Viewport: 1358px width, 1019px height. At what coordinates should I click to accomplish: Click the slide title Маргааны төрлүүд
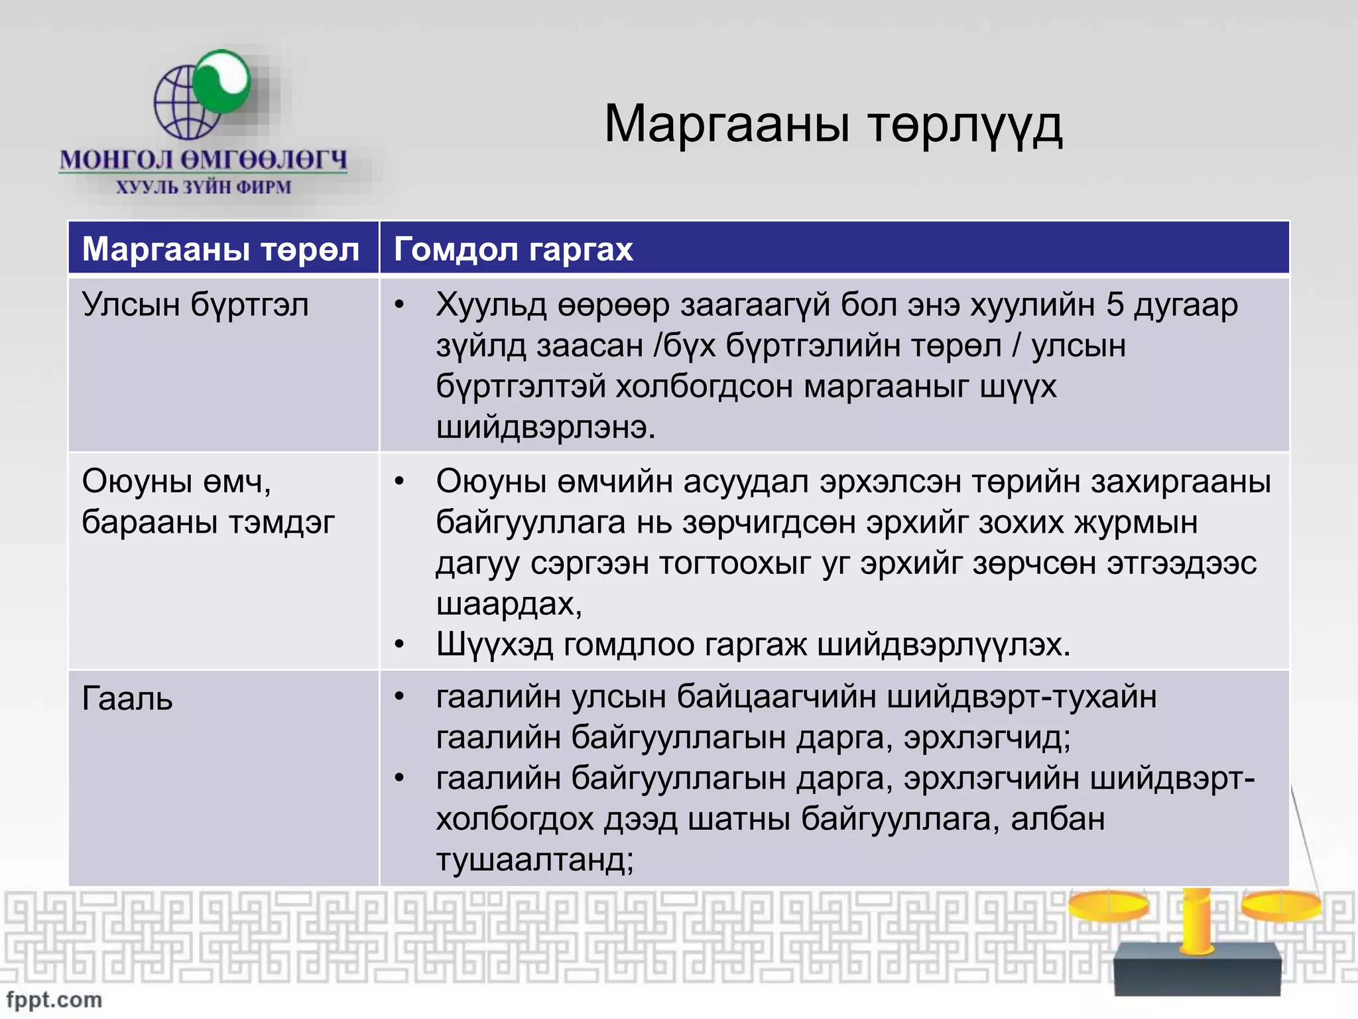point(833,125)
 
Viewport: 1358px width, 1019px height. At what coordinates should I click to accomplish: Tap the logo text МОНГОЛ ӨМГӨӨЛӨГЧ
point(204,160)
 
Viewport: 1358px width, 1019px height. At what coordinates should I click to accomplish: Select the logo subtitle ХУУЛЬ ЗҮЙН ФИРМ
point(204,188)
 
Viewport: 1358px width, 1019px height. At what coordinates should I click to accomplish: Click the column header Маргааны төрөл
point(221,249)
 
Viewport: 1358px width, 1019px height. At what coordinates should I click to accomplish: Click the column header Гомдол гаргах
point(513,249)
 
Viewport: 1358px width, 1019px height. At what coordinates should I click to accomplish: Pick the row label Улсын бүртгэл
point(195,305)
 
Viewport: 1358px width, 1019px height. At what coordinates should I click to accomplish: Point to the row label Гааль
point(127,699)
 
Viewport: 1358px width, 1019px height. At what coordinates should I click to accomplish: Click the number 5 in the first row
point(1115,305)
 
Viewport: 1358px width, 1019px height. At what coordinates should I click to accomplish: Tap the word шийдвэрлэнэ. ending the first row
point(545,427)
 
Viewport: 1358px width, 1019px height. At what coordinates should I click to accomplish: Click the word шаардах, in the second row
point(509,604)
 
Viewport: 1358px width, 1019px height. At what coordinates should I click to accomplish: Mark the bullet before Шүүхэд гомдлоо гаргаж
point(399,644)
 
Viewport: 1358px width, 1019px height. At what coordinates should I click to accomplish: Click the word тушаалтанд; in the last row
point(534,860)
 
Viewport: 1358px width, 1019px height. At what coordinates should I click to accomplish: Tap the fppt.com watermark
point(54,999)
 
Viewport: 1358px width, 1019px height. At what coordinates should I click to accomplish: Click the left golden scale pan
point(1109,905)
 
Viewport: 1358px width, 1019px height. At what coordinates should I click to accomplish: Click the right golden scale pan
point(1281,905)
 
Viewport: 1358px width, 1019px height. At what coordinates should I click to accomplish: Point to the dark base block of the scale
point(1197,970)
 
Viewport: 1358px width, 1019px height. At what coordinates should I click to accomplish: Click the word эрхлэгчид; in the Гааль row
point(987,738)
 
